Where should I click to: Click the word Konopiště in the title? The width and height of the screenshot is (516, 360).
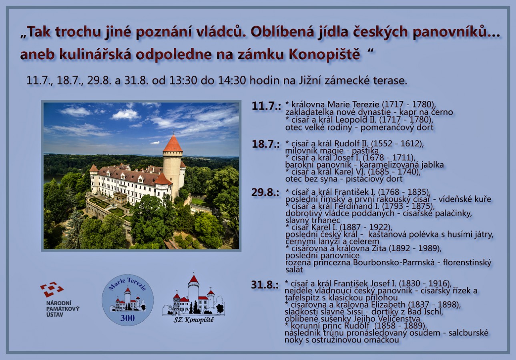coord(324,55)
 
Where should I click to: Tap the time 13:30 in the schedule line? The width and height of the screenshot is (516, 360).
coord(183,80)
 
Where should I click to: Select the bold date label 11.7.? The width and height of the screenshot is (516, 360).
coord(266,106)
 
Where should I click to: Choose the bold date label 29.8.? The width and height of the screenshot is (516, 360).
coord(265,192)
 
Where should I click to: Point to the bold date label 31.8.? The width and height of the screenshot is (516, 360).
coord(265,285)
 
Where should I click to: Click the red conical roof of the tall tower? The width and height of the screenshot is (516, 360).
coord(173,143)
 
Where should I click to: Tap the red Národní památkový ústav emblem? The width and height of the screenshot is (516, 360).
coord(52,289)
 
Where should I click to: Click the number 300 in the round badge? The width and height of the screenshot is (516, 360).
coord(127,318)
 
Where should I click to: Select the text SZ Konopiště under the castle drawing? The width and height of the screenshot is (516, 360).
coord(193,320)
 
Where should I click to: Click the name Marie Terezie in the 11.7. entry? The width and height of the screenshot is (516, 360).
coord(353,105)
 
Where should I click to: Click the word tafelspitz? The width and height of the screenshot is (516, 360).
coord(303,298)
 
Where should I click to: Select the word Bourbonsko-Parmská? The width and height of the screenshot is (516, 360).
coord(394,262)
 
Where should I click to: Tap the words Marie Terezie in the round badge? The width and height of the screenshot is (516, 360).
coord(127,284)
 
